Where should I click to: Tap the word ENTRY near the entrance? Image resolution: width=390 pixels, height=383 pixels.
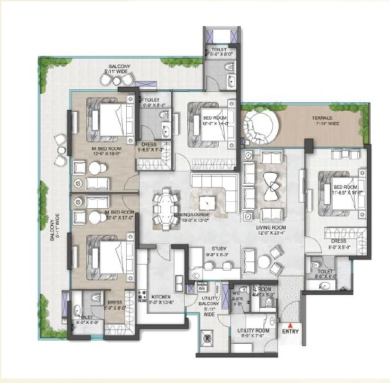click(290, 332)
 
